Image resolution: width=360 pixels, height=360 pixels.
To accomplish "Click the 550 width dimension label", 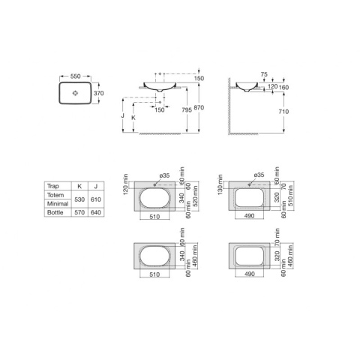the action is tap(75, 76).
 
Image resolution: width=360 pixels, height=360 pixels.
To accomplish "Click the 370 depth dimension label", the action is tap(98, 93).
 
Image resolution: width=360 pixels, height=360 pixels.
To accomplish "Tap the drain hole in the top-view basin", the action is tap(75, 93).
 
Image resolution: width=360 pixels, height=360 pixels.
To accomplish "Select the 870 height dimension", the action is tap(199, 107).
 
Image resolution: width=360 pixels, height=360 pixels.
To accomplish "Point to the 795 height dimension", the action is tap(187, 109).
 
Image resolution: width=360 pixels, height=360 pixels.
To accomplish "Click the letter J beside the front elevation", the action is tap(122, 115).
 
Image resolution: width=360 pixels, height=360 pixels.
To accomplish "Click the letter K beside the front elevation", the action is tap(133, 118).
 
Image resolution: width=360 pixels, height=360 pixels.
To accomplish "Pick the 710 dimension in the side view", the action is tap(283, 112).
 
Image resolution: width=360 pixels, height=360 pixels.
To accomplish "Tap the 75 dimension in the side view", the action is tap(264, 74).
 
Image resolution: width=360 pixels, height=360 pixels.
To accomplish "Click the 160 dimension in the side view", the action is tap(283, 87).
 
